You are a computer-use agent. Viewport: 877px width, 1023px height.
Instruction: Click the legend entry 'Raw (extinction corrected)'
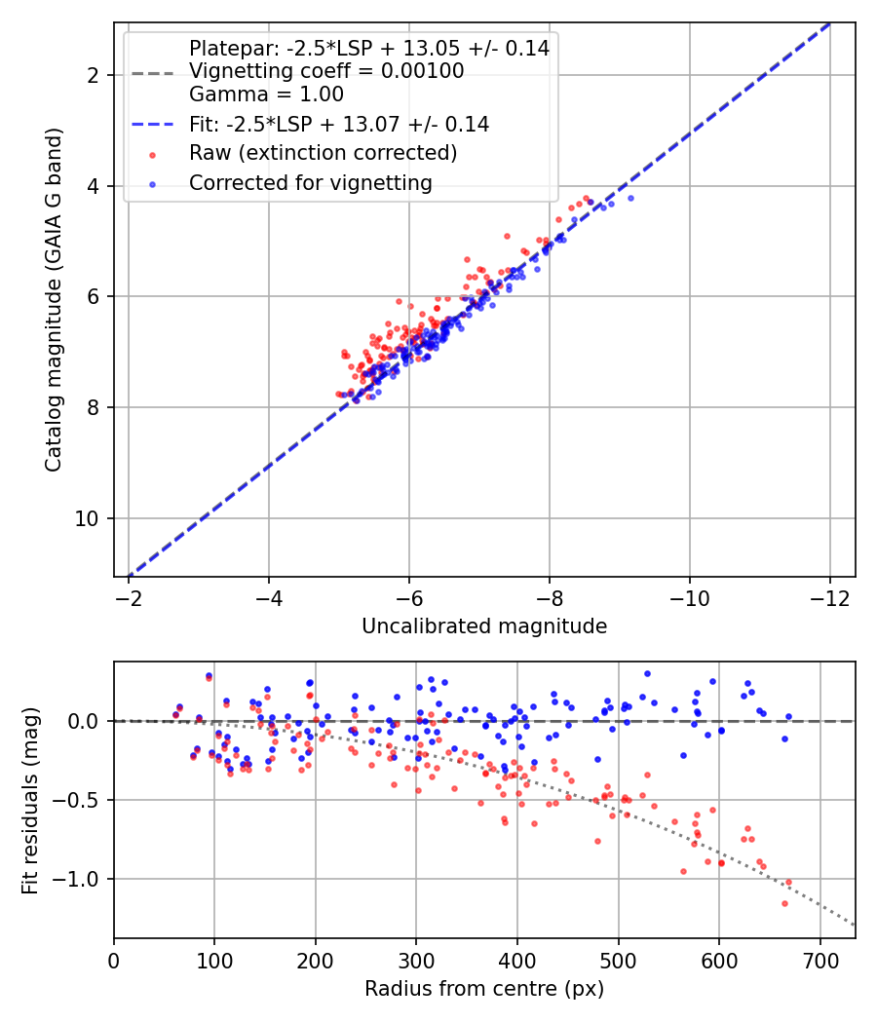point(323,153)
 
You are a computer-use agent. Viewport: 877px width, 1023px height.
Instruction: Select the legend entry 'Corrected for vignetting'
point(311,182)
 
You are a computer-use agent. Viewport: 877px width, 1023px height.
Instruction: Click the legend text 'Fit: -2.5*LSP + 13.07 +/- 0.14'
point(339,124)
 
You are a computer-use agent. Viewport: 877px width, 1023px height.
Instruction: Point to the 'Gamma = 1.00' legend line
point(266,95)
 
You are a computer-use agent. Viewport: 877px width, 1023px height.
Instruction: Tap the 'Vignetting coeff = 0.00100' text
point(326,71)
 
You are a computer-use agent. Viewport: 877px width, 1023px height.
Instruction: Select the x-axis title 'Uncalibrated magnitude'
point(484,626)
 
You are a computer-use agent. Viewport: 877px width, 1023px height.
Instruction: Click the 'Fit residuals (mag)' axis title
point(29,800)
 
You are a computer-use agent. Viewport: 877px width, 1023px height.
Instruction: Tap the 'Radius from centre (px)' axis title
point(484,989)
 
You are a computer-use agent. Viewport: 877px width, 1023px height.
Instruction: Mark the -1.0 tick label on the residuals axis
point(81,880)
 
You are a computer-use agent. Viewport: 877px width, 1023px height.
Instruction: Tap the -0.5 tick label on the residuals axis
point(81,800)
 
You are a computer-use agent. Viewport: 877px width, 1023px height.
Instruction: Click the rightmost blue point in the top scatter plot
point(630,198)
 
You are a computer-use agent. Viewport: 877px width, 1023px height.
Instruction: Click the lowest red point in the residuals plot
point(784,903)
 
